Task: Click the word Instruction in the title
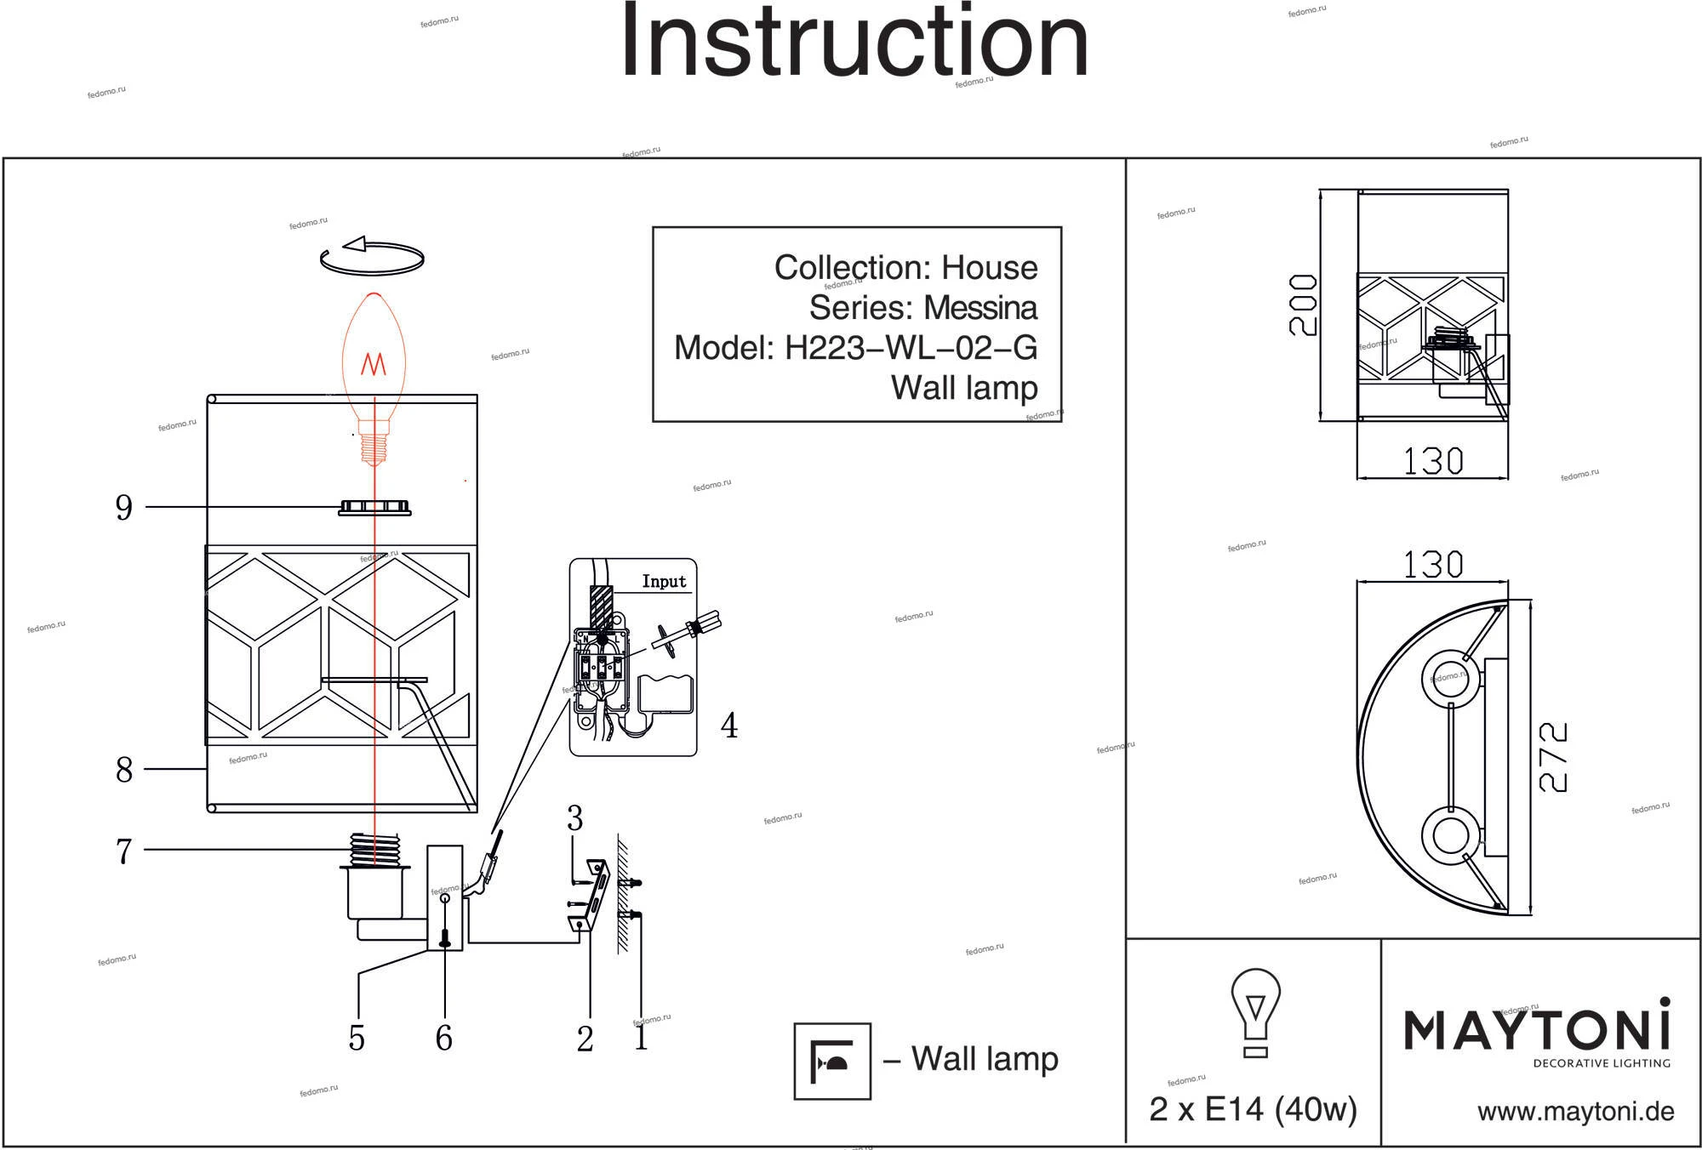(x=854, y=43)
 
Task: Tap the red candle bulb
(x=374, y=366)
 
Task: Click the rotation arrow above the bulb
(x=372, y=256)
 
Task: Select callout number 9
(x=124, y=508)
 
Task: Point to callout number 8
(x=124, y=770)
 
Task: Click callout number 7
(x=124, y=851)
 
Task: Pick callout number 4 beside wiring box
(x=729, y=726)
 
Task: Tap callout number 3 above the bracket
(x=575, y=818)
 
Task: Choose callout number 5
(x=357, y=1038)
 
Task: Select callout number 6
(x=443, y=1038)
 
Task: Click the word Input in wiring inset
(x=664, y=582)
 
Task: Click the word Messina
(x=980, y=308)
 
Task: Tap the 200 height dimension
(x=1303, y=305)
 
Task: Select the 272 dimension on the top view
(x=1553, y=757)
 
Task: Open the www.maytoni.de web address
(x=1575, y=1112)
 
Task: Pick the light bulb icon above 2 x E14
(x=1255, y=1012)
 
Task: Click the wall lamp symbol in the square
(x=832, y=1061)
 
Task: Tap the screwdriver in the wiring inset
(x=686, y=633)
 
